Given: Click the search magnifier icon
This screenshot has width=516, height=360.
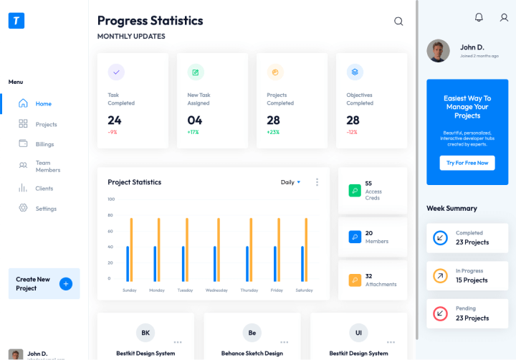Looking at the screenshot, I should [398, 22].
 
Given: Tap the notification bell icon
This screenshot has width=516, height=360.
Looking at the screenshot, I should [479, 17].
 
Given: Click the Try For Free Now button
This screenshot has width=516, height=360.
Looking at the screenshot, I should [467, 163].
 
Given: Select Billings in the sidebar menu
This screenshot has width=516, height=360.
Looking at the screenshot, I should [44, 144].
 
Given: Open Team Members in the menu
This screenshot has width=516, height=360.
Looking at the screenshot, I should [47, 166].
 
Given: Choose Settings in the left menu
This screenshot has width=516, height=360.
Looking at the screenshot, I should [46, 209].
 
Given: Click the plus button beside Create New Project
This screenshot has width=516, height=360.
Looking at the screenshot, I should [66, 283].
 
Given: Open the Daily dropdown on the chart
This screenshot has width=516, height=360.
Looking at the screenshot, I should [290, 182].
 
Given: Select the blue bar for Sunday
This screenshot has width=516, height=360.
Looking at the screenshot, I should [128, 264].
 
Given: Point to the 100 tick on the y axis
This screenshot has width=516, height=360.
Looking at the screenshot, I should [111, 199].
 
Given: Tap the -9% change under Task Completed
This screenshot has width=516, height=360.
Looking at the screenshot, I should [113, 133].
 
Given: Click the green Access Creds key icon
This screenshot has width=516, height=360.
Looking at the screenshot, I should [355, 191].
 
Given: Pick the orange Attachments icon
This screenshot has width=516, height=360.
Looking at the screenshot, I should [355, 280].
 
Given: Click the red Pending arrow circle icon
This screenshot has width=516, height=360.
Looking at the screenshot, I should [440, 313].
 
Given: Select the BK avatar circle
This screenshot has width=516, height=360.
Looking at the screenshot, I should [145, 333].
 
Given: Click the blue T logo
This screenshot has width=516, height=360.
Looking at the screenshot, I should [16, 21].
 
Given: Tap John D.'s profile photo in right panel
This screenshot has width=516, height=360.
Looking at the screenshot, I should [438, 50].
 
